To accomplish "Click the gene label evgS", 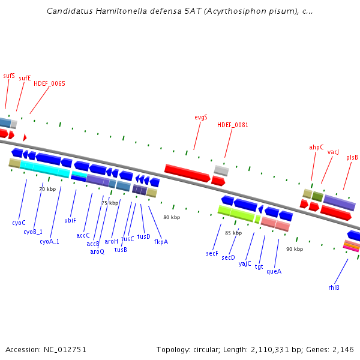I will coord(201,117).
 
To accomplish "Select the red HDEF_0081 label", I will coord(233,125).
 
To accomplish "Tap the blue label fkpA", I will coord(161,242).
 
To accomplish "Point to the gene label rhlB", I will coord(334,287).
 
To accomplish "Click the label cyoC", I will coord(19,223).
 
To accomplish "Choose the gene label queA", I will coord(274,271).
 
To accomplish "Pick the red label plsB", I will coord(352,157).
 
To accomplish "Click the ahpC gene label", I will coord(316,147).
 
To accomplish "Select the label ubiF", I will coord(70,220).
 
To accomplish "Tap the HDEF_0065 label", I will coord(49,83).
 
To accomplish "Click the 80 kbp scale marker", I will coord(172,217).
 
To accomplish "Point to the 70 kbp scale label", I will coord(47,189).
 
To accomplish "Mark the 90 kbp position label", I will coord(294,249).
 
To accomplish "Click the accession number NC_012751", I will coord(64,349).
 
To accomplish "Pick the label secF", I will coord(212,254).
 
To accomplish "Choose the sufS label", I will coord(9,76).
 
